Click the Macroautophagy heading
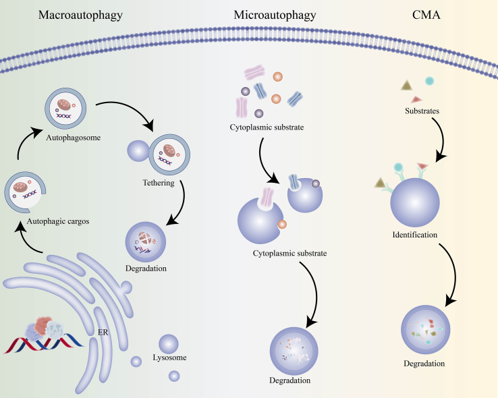[80, 16]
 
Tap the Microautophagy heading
[275, 16]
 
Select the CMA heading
[426, 15]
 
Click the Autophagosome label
[74, 138]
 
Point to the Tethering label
[159, 183]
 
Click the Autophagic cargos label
[58, 221]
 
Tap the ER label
[103, 333]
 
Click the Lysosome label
[169, 358]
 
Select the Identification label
[415, 235]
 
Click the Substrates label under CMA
[422, 111]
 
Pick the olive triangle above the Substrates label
[406, 86]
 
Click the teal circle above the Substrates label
[429, 81]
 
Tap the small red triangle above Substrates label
[416, 100]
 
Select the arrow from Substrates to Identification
[441, 138]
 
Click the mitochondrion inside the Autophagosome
[64, 105]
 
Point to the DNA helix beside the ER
[43, 345]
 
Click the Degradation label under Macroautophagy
[146, 268]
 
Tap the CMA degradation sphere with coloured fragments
[426, 329]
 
